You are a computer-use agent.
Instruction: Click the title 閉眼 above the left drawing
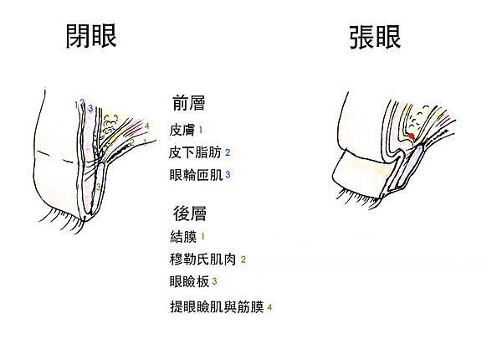click(91, 36)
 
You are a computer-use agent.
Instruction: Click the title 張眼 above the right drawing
click(375, 37)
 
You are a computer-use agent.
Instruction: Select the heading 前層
click(188, 103)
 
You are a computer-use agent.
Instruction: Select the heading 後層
click(190, 213)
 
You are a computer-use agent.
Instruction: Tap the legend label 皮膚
click(182, 130)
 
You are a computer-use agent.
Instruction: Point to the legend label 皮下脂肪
click(195, 152)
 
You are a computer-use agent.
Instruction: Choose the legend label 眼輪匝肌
click(196, 175)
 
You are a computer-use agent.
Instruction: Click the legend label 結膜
click(183, 237)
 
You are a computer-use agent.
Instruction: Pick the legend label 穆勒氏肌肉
click(202, 260)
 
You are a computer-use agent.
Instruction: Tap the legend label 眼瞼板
click(189, 282)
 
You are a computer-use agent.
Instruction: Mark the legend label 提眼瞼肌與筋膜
click(217, 307)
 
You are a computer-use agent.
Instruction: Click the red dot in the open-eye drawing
click(412, 136)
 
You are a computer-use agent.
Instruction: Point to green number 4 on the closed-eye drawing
click(146, 126)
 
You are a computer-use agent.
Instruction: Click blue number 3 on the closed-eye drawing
click(90, 108)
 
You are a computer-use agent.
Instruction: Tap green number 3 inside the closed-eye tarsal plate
click(99, 186)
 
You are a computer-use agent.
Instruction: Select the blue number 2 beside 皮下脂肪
click(228, 152)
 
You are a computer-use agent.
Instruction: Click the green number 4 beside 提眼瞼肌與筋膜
click(269, 307)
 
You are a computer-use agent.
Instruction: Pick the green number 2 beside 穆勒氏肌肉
click(243, 260)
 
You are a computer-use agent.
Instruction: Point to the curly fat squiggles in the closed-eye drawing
click(109, 126)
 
